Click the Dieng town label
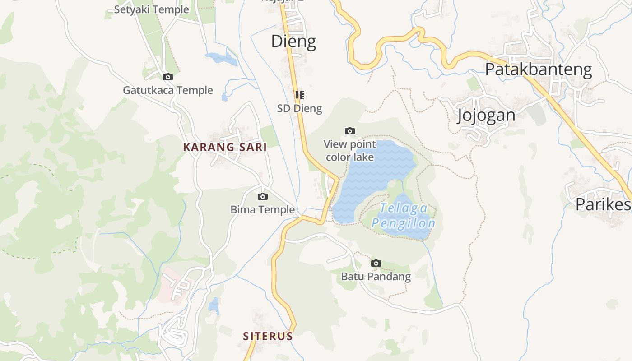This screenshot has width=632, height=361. pyautogui.click(x=293, y=42)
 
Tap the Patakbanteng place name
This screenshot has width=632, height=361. pyautogui.click(x=538, y=69)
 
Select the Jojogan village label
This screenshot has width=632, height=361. pyautogui.click(x=486, y=116)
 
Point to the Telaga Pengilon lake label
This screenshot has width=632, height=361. pyautogui.click(x=403, y=216)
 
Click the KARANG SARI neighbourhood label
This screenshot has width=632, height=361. pyautogui.click(x=224, y=147)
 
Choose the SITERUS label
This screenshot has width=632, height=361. pyautogui.click(x=268, y=336)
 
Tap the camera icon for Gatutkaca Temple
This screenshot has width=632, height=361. pyautogui.click(x=168, y=77)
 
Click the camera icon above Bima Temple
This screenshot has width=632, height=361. pyautogui.click(x=262, y=196)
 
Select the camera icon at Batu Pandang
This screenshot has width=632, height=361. pyautogui.click(x=376, y=263)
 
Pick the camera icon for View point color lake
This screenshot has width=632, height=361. pyautogui.click(x=349, y=131)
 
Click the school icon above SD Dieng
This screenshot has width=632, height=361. pyautogui.click(x=299, y=95)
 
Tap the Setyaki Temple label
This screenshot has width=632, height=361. pyautogui.click(x=151, y=9)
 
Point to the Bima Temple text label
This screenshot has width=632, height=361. pyautogui.click(x=262, y=210)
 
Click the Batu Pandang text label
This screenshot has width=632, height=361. pyautogui.click(x=376, y=277)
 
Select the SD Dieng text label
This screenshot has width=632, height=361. pyautogui.click(x=299, y=108)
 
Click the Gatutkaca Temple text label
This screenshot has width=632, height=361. pyautogui.click(x=168, y=90)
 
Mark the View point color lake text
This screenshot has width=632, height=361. pyautogui.click(x=349, y=151)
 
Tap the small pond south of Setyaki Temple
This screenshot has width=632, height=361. pyautogui.click(x=221, y=58)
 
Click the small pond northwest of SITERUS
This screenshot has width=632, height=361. pyautogui.click(x=214, y=306)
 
